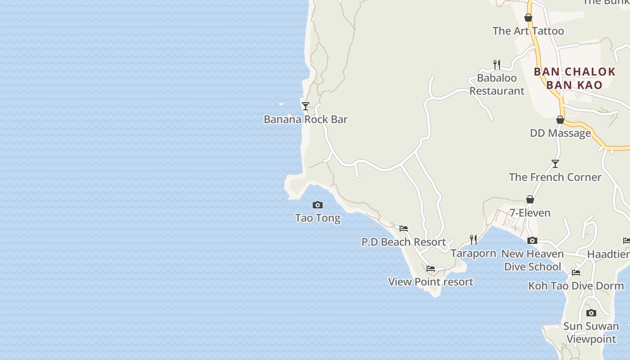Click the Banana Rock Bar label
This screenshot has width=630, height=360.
coord(306,119)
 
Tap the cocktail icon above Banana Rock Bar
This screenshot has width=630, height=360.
coord(306,106)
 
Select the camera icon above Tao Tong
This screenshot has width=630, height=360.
coord(318,205)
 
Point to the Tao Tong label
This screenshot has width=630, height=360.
coord(318,218)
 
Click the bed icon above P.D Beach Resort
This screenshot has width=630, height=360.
coord(404,229)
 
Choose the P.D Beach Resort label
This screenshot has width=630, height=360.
coord(404,242)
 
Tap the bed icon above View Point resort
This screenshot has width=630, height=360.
coord(431,269)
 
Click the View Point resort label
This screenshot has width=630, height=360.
coord(431,282)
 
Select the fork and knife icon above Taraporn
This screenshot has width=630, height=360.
coord(473,239)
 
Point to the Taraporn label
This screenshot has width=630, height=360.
coord(473,253)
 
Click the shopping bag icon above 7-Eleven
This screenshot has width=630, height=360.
coord(530,199)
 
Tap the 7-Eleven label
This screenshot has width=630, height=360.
coord(530,213)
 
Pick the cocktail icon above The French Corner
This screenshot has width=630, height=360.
coord(555,164)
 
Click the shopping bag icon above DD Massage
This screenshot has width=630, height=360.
coord(560,120)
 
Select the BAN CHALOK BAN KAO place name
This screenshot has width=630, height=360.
coord(575,78)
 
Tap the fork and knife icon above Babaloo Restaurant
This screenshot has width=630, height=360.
coord(497,64)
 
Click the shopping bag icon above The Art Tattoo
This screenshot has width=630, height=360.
coord(528,18)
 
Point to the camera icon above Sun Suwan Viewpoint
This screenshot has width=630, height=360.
coord(591,313)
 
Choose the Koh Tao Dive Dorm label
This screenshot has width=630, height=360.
coord(576,286)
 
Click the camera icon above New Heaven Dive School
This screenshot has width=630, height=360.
coord(532,240)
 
